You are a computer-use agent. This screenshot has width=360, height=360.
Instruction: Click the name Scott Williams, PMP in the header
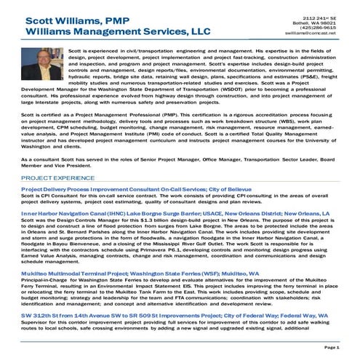coord(75,20)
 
